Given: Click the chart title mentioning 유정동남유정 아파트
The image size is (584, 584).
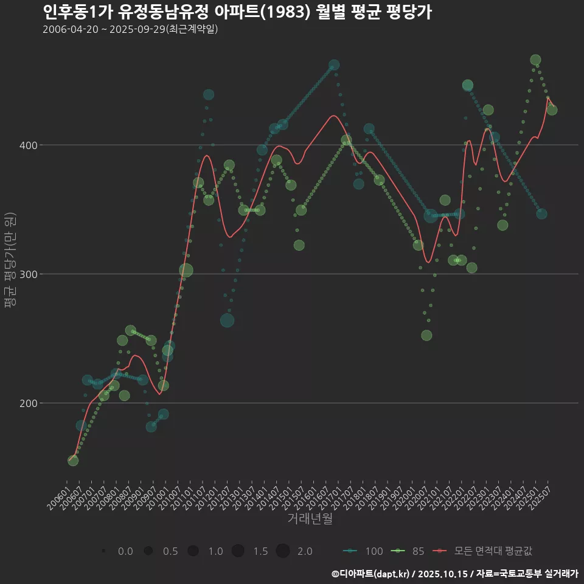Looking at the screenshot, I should coord(237,12).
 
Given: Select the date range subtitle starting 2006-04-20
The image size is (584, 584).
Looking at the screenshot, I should coord(130,30).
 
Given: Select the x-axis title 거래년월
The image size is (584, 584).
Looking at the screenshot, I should coord(310,519).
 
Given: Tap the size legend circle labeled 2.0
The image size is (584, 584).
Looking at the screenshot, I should coord(282,551).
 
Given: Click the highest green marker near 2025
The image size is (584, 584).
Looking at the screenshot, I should coord(535,60).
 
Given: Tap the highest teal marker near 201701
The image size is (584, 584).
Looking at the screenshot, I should coord(334,65).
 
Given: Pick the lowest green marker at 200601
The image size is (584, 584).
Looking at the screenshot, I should coord(72,461).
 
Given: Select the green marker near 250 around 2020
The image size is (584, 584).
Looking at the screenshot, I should coord(426,336).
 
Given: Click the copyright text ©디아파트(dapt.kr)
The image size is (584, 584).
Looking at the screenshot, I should coord(372,574).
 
